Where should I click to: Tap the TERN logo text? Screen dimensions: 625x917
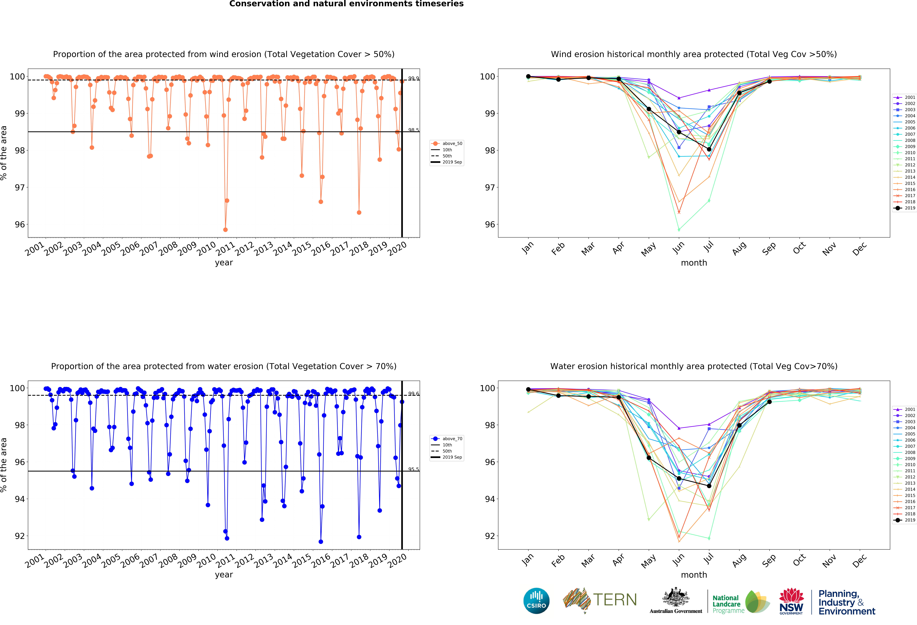[615, 600]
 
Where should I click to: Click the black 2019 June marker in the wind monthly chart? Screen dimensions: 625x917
[679, 132]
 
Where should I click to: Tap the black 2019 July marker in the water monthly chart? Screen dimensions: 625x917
[709, 486]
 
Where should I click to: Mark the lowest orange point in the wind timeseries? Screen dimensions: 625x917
[225, 230]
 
